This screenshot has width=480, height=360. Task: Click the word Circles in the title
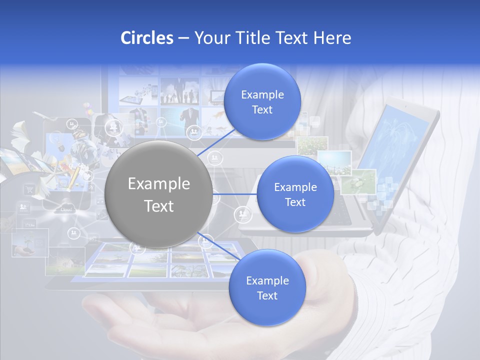pos(147,38)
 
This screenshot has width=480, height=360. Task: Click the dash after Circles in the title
pos(183,38)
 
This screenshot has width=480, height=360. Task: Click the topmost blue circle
pos(262,101)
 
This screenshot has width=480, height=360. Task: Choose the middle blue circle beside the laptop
pos(295,194)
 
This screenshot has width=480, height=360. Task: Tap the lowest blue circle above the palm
pos(267,287)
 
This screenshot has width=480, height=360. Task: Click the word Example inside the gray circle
pos(159,184)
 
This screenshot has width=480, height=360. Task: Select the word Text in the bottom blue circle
pos(267,295)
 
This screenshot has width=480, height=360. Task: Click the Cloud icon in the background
pos(66,209)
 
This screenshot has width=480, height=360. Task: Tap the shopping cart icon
pos(29,189)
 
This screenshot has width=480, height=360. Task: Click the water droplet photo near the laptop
pos(358,181)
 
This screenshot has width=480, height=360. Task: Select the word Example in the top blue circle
pos(262,94)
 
